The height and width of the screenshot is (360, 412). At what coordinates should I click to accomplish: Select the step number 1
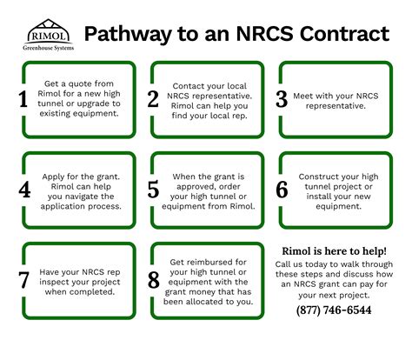[x=23, y=99]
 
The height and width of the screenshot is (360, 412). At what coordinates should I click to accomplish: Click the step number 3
[x=282, y=98]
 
